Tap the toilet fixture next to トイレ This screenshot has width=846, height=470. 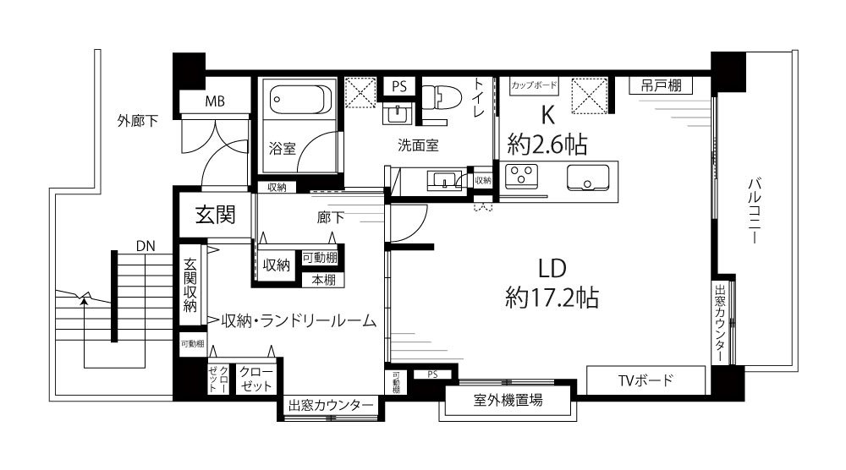tap(442, 99)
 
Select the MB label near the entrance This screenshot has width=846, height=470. tap(215, 101)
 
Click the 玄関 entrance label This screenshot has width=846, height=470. tap(215, 215)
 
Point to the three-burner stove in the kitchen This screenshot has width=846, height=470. tap(520, 176)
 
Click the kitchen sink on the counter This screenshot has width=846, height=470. tap(588, 178)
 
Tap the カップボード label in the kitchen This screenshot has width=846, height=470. tap(534, 85)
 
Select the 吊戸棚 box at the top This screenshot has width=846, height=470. tap(661, 85)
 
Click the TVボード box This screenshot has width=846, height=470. tap(645, 380)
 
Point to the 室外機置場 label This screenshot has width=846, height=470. tap(508, 400)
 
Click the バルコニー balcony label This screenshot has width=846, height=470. tap(755, 210)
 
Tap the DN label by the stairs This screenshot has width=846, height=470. tap(146, 246)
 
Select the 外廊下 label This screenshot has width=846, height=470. tap(138, 121)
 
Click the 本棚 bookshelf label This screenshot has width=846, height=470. tap(324, 280)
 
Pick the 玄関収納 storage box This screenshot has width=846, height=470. tap(190, 285)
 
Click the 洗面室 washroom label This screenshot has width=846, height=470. tap(418, 145)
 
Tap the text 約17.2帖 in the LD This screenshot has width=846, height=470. tap(552, 297)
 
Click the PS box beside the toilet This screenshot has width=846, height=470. tap(399, 86)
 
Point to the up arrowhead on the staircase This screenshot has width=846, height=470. tap(84, 300)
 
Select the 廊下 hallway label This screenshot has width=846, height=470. tap(330, 217)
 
